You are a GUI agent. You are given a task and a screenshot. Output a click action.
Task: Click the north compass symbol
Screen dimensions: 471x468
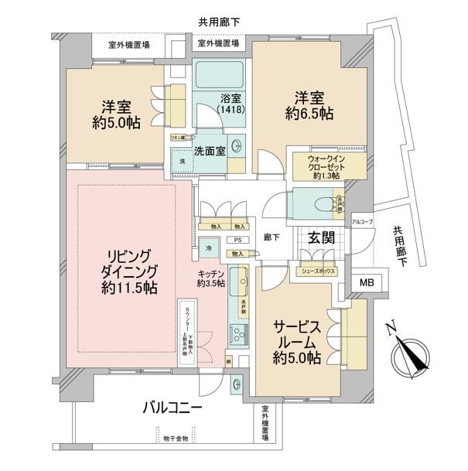click(x=408, y=355)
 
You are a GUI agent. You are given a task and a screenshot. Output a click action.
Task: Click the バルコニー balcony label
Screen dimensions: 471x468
click(x=172, y=408)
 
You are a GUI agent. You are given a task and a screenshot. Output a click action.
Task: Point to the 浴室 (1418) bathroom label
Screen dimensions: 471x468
click(x=230, y=105)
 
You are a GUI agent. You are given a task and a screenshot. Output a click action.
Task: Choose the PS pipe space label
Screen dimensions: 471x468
click(x=238, y=241)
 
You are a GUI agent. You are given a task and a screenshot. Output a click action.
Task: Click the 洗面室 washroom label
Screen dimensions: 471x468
click(x=210, y=151)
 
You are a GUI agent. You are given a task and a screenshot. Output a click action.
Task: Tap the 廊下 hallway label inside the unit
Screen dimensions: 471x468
click(x=271, y=237)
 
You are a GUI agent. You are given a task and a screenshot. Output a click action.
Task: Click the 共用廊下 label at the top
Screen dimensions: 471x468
click(x=218, y=22)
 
